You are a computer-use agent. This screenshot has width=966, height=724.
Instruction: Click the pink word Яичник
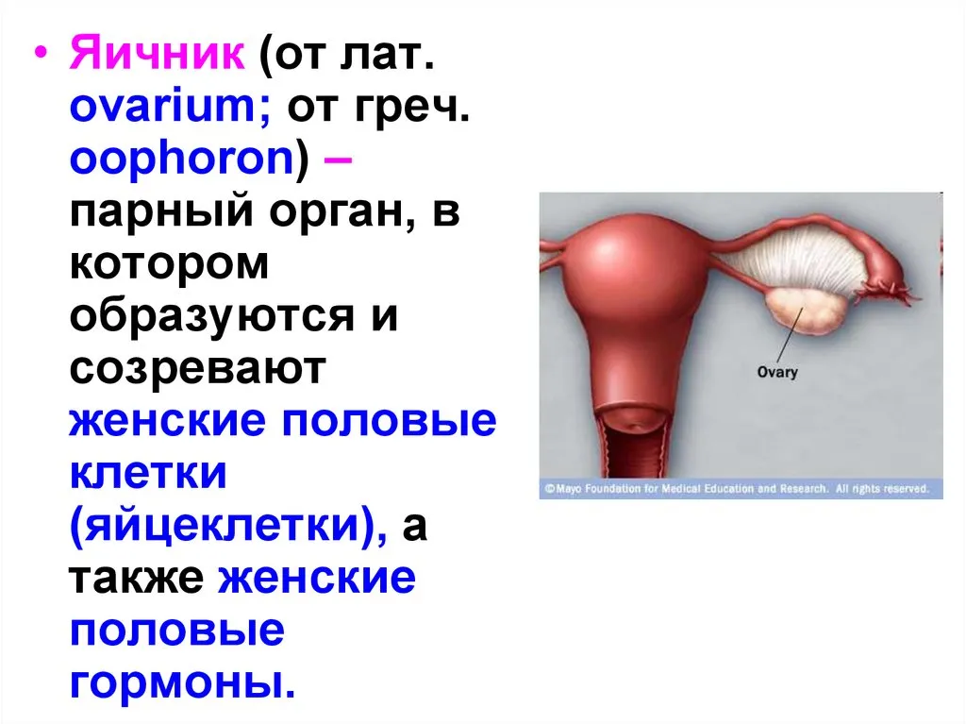pyautogui.click(x=158, y=53)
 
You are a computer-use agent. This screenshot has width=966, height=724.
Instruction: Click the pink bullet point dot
pyautogui.click(x=40, y=54)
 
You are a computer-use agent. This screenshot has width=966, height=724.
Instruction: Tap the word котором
pyautogui.click(x=170, y=263)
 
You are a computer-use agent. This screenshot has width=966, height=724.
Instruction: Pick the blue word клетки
pyautogui.click(x=148, y=473)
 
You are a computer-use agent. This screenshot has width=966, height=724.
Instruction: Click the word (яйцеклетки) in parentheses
pyautogui.click(x=228, y=527)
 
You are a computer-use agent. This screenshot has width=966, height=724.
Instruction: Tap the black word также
pyautogui.click(x=136, y=578)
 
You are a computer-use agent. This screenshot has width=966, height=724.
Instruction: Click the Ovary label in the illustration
pyautogui.click(x=777, y=372)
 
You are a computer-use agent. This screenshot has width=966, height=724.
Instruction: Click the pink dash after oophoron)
pyautogui.click(x=338, y=160)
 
